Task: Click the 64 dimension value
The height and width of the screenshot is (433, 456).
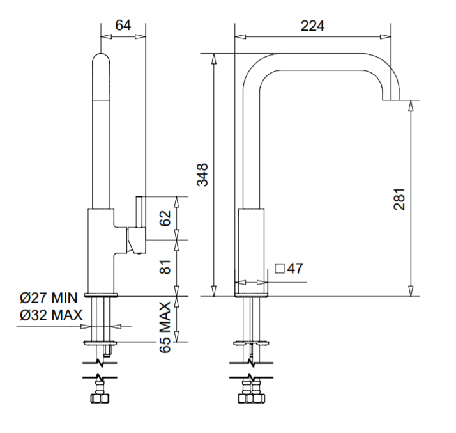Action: [x=123, y=26]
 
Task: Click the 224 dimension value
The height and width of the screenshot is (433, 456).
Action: [x=312, y=26]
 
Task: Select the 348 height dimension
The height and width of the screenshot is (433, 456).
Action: [x=202, y=174]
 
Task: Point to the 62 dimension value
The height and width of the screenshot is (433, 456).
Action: [x=165, y=218]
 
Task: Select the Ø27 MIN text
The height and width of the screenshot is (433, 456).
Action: [x=48, y=298]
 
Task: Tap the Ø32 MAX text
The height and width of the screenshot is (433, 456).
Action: [x=50, y=315]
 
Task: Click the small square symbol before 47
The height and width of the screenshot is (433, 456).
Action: [x=279, y=269]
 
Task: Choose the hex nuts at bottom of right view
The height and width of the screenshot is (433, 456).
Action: [x=252, y=399]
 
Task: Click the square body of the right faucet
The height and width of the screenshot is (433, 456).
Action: [x=250, y=249]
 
